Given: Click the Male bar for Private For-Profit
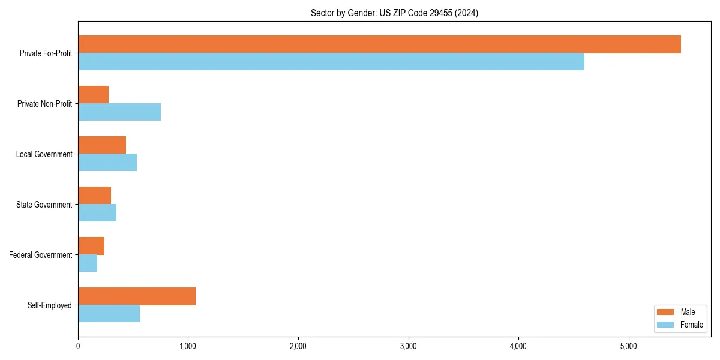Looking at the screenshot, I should [379, 44].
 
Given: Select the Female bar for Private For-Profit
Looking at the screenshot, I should [331, 62].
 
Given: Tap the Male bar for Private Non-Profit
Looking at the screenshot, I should [94, 95].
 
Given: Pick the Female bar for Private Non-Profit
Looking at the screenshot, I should [119, 112].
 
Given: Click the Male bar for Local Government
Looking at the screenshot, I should [102, 145].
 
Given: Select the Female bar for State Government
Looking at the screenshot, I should [97, 213].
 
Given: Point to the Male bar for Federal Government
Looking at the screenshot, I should [91, 246].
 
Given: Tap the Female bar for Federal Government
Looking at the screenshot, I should [88, 263].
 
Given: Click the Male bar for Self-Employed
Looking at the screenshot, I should [137, 296].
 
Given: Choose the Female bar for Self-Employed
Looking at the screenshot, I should [109, 314].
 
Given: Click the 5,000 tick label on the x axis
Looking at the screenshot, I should [628, 346].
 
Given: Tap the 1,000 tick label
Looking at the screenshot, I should [188, 346].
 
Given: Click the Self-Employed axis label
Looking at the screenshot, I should [50, 305].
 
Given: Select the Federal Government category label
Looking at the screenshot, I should [41, 255].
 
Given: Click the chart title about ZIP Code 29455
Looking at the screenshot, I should [394, 13].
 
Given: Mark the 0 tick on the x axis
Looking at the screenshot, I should [78, 346].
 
